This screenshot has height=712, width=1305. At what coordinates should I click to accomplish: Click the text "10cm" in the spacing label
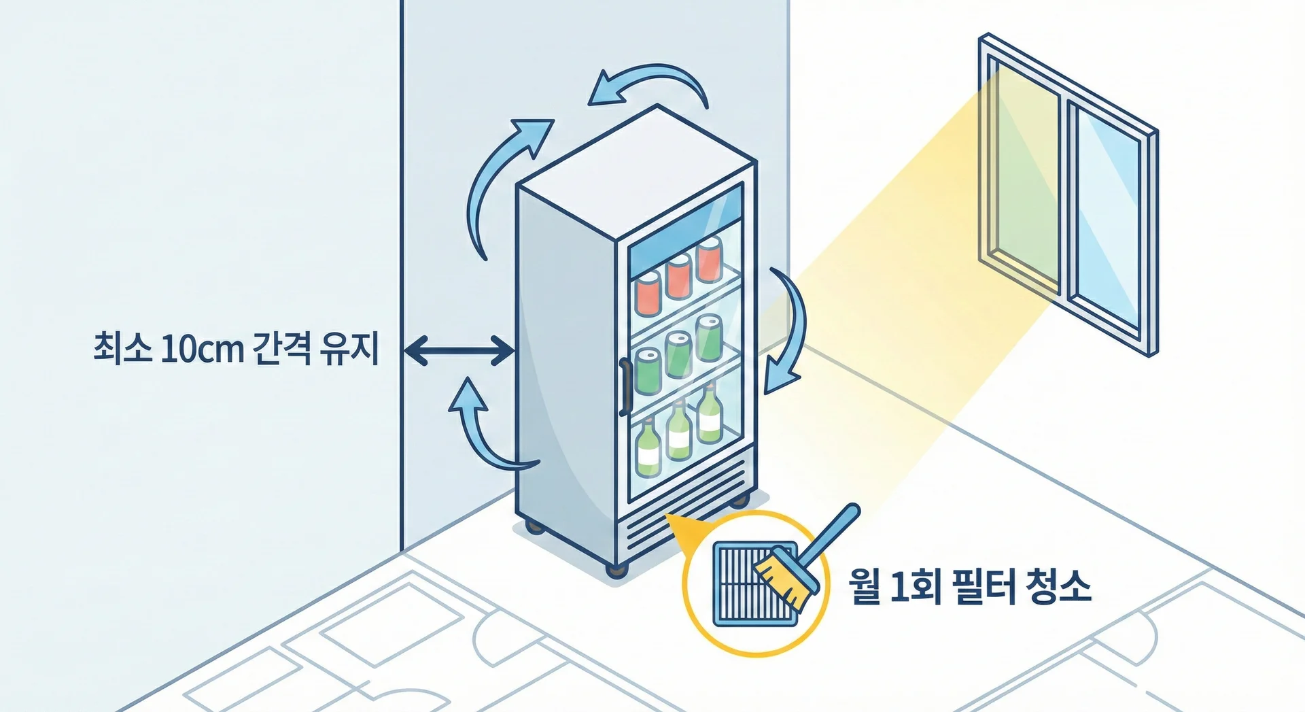pyautogui.click(x=202, y=348)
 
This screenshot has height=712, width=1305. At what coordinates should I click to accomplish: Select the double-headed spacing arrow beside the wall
pyautogui.click(x=459, y=351)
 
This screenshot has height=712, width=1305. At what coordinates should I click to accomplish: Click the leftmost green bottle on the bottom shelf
pyautogui.click(x=648, y=449)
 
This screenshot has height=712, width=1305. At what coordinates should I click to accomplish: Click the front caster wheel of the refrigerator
pyautogui.click(x=618, y=570)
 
